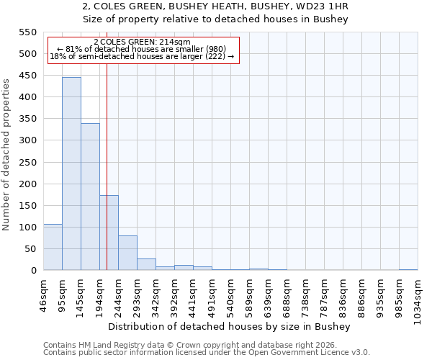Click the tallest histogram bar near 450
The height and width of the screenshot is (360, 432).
click(71, 174)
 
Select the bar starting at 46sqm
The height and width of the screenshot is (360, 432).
click(53, 247)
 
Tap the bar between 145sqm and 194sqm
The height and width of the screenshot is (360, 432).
click(90, 197)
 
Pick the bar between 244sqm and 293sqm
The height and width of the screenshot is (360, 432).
click(127, 253)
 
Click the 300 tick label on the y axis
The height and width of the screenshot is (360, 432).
click(27, 140)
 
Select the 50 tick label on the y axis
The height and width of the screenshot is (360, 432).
click(30, 249)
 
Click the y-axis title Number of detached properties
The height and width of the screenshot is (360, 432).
click(7, 155)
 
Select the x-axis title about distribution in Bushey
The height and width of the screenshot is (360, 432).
click(233, 326)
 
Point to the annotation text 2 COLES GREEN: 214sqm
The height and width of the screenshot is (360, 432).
click(142, 42)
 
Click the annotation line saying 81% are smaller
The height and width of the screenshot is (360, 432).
click(142, 49)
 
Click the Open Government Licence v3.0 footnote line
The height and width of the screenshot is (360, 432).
click(207, 353)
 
